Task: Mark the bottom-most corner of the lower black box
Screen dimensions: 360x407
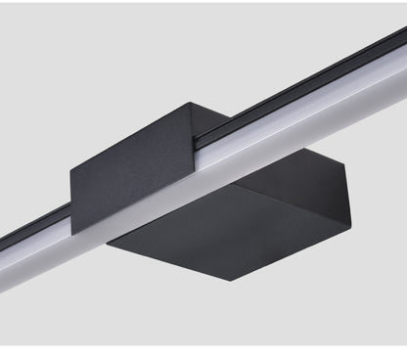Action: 232,281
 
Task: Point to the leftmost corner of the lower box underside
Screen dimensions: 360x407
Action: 107,239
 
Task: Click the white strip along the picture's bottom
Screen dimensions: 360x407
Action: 203,351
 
